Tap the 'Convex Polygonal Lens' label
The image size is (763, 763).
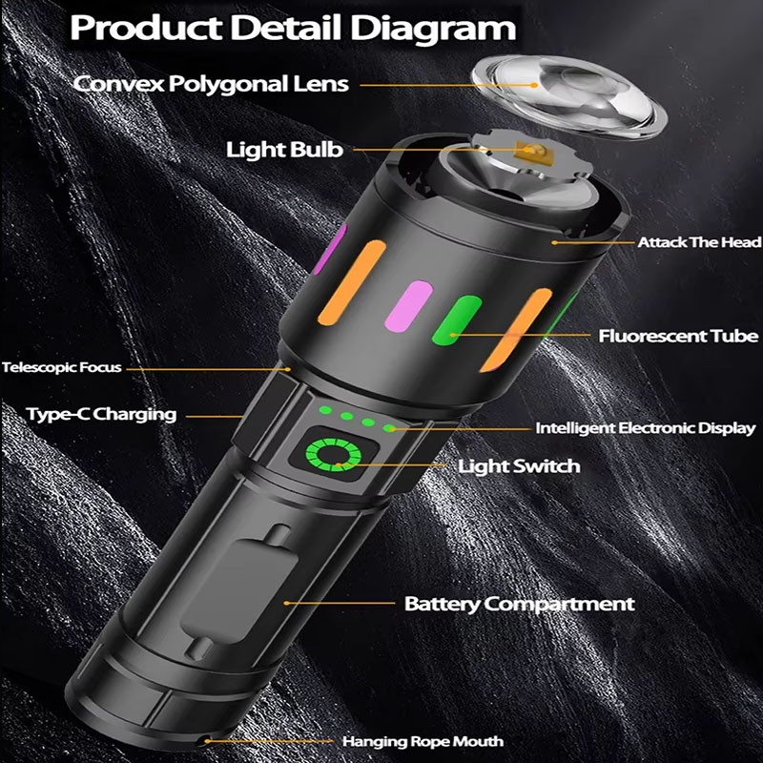(x=211, y=83)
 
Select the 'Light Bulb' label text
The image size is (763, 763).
(x=284, y=150)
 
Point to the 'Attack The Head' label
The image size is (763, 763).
(x=699, y=242)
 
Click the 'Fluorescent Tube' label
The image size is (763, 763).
(x=678, y=336)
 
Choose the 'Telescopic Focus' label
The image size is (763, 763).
(x=62, y=366)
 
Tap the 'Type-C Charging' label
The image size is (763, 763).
(x=101, y=414)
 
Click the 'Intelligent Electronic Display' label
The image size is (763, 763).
(x=645, y=428)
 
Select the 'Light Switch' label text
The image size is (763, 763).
(x=519, y=466)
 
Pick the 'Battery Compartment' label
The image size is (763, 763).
(x=519, y=604)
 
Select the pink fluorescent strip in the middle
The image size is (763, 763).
(x=409, y=306)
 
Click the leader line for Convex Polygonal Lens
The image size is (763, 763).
(x=439, y=85)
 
